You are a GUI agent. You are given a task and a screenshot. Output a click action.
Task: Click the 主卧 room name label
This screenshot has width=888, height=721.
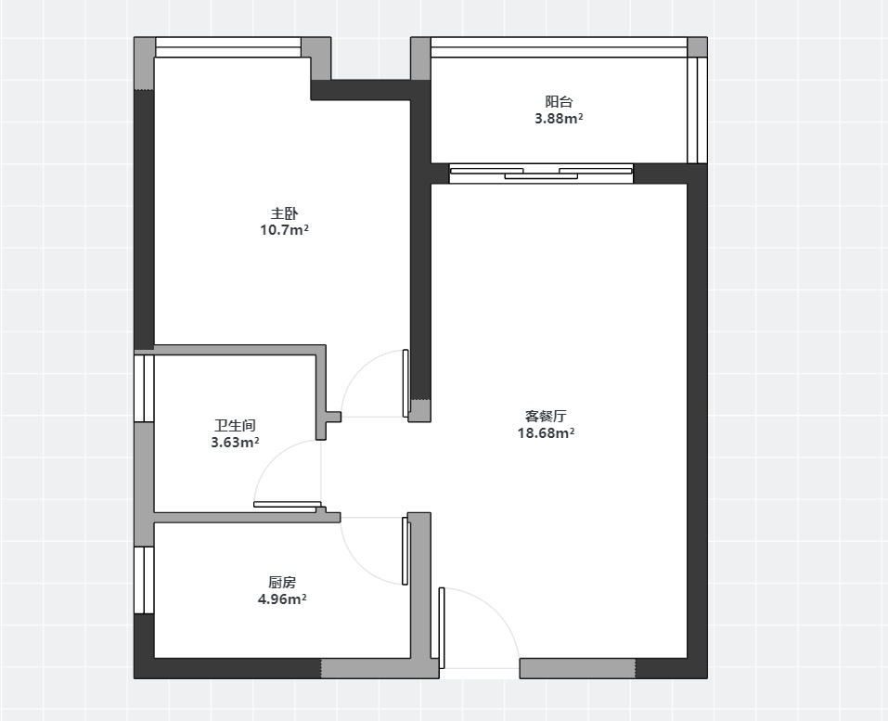[x=284, y=213]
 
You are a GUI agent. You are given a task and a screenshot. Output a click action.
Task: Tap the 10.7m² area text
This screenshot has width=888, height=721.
[x=284, y=230]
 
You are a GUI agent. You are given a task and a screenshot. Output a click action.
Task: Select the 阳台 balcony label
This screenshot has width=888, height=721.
[x=559, y=102]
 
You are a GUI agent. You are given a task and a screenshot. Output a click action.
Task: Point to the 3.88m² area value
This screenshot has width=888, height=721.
[x=559, y=119]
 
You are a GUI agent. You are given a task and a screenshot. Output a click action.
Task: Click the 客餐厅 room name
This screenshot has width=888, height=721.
[x=546, y=417]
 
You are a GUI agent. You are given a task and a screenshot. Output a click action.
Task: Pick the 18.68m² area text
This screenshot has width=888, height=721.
[x=546, y=433]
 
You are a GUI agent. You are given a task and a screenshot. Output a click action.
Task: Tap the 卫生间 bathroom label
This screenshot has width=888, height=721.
[x=235, y=425]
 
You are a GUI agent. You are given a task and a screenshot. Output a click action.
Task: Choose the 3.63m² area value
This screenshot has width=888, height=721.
[x=235, y=443]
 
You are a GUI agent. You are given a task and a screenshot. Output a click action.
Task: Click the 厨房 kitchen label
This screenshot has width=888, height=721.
[x=282, y=582]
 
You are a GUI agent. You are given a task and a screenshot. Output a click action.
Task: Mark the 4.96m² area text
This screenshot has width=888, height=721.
[x=282, y=599]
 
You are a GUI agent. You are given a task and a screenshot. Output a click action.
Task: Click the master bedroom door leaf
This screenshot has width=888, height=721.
[x=405, y=383]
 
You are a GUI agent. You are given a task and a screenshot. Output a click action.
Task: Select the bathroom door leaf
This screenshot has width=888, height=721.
[x=287, y=504]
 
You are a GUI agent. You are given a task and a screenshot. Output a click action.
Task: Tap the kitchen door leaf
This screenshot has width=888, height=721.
[x=405, y=551]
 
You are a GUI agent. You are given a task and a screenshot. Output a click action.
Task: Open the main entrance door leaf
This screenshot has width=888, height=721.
[x=442, y=628]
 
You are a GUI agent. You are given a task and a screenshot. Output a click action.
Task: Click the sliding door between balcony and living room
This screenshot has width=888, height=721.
[x=541, y=174]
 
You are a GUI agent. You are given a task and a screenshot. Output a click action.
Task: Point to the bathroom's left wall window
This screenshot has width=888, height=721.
[x=144, y=388]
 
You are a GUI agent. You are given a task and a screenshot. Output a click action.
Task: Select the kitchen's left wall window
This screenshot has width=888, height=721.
[x=144, y=580]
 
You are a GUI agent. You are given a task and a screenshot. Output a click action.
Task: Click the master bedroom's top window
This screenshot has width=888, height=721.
[x=228, y=47]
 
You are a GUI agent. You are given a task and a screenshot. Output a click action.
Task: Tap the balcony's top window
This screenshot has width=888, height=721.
[x=559, y=47]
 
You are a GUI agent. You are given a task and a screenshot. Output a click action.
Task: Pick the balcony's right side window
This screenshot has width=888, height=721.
[x=697, y=109]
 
